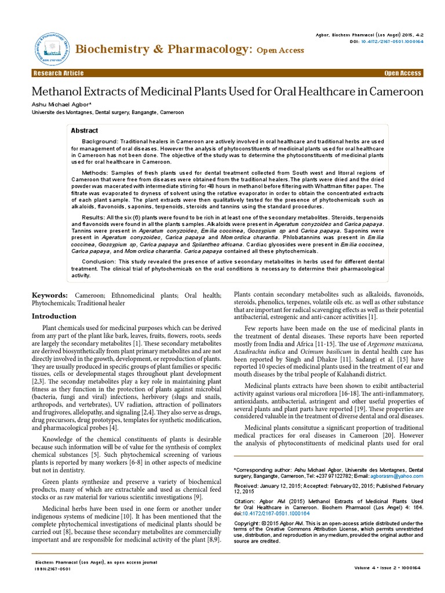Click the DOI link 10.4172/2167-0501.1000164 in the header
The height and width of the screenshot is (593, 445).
[x=395, y=42]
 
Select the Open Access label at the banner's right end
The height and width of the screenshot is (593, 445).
[x=402, y=73]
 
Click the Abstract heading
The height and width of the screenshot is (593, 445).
[x=85, y=130]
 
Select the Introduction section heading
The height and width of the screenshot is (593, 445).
[x=54, y=316]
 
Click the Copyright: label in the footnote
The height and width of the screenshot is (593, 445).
[x=246, y=523]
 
